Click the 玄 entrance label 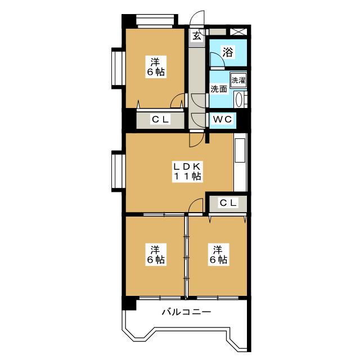click(196, 36)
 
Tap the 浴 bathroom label click(228, 52)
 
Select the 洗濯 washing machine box click(238, 80)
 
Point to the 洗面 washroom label click(219, 89)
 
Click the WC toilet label click(222, 119)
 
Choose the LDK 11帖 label click(187, 171)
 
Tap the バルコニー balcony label click(186, 312)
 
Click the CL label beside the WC click(160, 119)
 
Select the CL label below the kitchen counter click(228, 202)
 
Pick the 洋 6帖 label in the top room click(156, 67)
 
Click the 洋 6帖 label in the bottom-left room click(156, 255)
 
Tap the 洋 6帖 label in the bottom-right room click(218, 255)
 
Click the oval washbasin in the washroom click(239, 100)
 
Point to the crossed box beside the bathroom click(238, 31)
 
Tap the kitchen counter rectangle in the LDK click(240, 151)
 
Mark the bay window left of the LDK click(119, 171)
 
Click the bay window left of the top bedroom click(119, 68)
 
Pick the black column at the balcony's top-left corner click(129, 303)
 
